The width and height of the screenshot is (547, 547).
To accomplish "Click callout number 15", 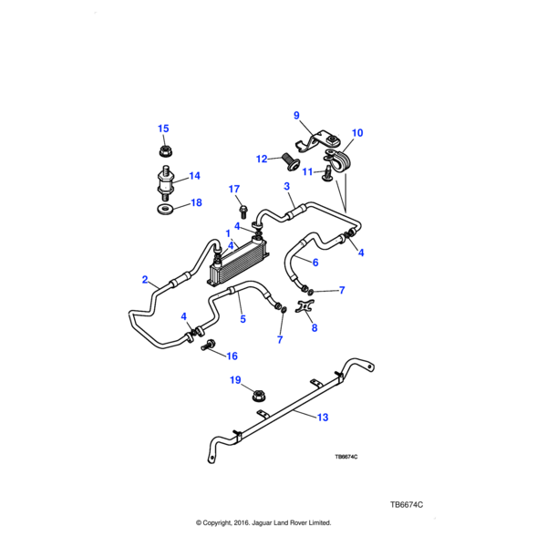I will [x=163, y=129].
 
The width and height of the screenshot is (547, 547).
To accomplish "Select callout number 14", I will [x=193, y=176].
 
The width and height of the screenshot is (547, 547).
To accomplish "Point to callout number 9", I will [x=296, y=115].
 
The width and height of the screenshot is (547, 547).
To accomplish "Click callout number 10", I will [x=356, y=133].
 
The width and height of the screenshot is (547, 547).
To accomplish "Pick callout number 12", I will [x=263, y=159].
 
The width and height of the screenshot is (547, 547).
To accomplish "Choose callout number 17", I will [x=232, y=190].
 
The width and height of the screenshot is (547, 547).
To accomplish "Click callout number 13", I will [x=322, y=418].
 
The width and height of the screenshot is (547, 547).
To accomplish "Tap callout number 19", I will [x=234, y=379].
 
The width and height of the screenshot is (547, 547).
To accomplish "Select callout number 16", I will [x=232, y=356].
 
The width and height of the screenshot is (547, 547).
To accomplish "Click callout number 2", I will [x=145, y=280].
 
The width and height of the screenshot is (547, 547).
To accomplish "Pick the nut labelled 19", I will [x=258, y=397].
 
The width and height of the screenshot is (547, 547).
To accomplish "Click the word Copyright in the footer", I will [x=222, y=523].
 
